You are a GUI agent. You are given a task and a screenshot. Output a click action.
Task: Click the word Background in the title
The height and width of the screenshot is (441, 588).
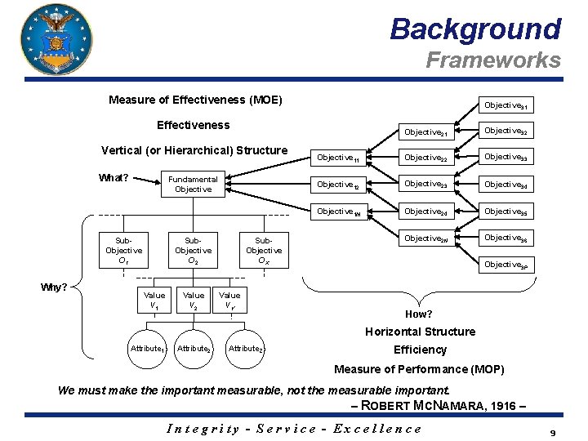pos(475,29)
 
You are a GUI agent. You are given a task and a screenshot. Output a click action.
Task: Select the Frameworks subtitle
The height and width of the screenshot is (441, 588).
pos(493,60)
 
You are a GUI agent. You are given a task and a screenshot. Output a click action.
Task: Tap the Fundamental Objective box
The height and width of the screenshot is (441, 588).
pos(193,185)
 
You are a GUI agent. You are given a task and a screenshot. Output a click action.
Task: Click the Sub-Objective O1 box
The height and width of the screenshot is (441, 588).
pos(123,250)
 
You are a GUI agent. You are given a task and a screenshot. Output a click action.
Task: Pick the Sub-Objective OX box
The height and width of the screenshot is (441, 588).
pos(264,250)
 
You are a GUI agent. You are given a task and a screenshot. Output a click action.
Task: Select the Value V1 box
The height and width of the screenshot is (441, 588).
pos(154,301)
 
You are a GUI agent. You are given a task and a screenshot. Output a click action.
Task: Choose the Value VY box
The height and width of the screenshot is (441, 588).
pos(230,301)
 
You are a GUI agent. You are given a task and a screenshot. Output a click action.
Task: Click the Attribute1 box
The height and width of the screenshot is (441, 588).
pos(149,349)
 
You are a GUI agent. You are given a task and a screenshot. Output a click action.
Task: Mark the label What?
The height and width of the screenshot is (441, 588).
pos(114,178)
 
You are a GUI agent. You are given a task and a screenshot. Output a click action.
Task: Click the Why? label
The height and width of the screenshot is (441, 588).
pos(55,287)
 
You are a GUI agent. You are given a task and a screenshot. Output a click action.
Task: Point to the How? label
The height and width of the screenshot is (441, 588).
pos(419,314)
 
